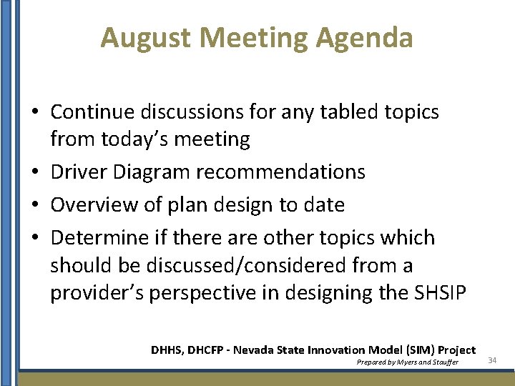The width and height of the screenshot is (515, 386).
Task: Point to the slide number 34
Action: click(x=492, y=360)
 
